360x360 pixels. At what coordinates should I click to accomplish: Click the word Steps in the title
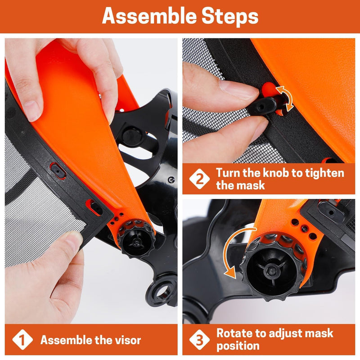(230, 17)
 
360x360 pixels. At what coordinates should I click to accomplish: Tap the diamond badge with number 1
(22, 340)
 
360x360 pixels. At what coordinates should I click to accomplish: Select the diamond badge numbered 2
(199, 179)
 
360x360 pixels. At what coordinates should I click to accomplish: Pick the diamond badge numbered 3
(199, 340)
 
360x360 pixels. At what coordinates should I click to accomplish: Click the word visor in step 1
(128, 340)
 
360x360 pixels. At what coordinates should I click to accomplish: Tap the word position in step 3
(238, 346)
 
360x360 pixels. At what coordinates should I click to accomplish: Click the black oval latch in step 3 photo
(331, 212)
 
